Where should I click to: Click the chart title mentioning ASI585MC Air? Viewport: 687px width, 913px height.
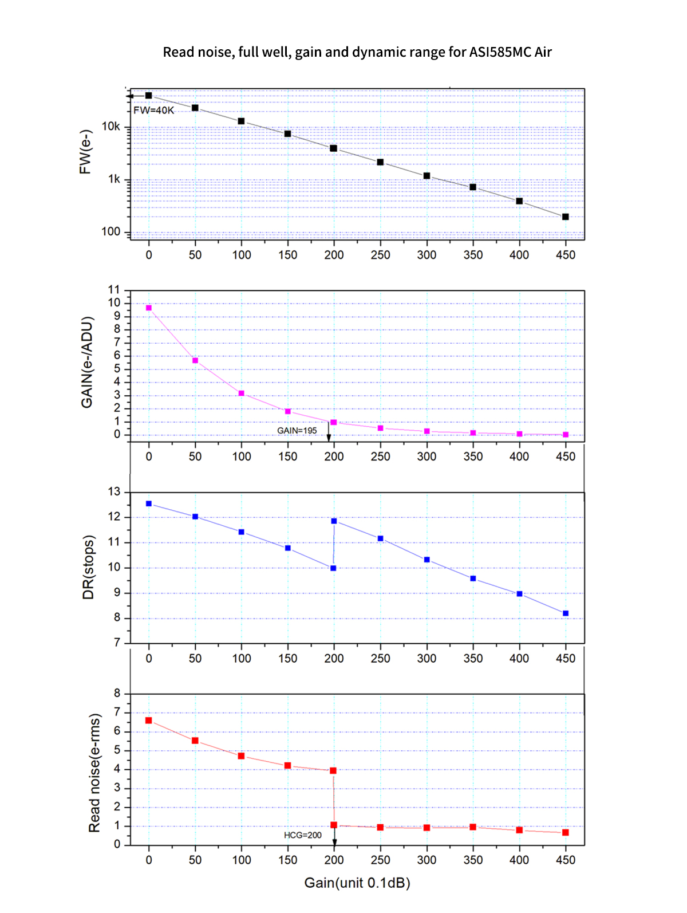pyautogui.click(x=357, y=52)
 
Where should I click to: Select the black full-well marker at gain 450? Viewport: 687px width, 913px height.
pyautogui.click(x=565, y=217)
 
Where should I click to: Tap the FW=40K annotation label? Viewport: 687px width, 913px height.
pyautogui.click(x=153, y=110)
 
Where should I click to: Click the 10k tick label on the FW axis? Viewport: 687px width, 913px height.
pyautogui.click(x=111, y=127)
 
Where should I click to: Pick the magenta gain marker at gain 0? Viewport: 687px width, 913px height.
pyautogui.click(x=149, y=308)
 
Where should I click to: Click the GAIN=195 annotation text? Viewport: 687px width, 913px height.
pyautogui.click(x=297, y=430)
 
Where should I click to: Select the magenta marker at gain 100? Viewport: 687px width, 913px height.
pyautogui.click(x=242, y=393)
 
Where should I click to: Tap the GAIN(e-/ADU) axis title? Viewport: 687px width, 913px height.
pyautogui.click(x=87, y=362)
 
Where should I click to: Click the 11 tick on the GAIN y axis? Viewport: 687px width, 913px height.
pyautogui.click(x=114, y=290)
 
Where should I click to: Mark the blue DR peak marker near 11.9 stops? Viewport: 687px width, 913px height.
pyautogui.click(x=334, y=521)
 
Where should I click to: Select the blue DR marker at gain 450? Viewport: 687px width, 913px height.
pyautogui.click(x=566, y=613)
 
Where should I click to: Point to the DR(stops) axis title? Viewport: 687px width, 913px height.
pyautogui.click(x=88, y=567)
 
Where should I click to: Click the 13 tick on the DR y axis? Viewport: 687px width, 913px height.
pyautogui.click(x=114, y=492)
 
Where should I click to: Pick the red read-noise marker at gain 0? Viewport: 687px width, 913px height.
pyautogui.click(x=149, y=721)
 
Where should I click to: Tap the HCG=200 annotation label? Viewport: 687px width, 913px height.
pyautogui.click(x=303, y=835)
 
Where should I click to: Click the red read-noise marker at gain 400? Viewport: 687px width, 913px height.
pyautogui.click(x=519, y=830)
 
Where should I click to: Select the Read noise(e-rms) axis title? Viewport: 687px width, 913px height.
pyautogui.click(x=94, y=773)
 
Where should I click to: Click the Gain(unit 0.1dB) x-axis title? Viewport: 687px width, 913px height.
pyautogui.click(x=357, y=883)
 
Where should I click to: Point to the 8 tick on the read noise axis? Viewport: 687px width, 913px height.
pyautogui.click(x=117, y=694)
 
